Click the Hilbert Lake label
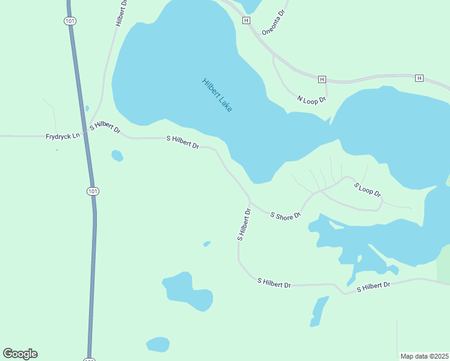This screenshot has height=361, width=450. click(x=217, y=95)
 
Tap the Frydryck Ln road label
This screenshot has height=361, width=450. click(x=63, y=137)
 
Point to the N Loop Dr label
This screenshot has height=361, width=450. click(x=312, y=99)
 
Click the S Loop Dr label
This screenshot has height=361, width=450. click(x=367, y=190)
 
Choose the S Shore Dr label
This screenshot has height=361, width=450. click(x=285, y=215)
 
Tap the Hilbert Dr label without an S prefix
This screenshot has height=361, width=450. click(x=122, y=12)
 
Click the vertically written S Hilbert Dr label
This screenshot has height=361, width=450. click(x=244, y=224)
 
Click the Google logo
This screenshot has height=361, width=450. click(x=20, y=354)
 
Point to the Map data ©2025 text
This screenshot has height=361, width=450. click(x=424, y=356)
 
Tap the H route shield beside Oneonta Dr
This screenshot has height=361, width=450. click(x=246, y=20)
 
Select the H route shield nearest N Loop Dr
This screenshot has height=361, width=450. click(x=322, y=79)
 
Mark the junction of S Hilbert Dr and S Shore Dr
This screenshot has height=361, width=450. click(x=249, y=201)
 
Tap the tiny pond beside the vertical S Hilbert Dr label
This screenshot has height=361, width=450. click(x=207, y=244)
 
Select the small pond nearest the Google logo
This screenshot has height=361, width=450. click(x=158, y=344)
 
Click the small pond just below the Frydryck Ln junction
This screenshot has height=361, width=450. click(x=117, y=156)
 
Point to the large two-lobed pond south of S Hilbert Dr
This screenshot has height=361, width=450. click(x=188, y=291)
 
